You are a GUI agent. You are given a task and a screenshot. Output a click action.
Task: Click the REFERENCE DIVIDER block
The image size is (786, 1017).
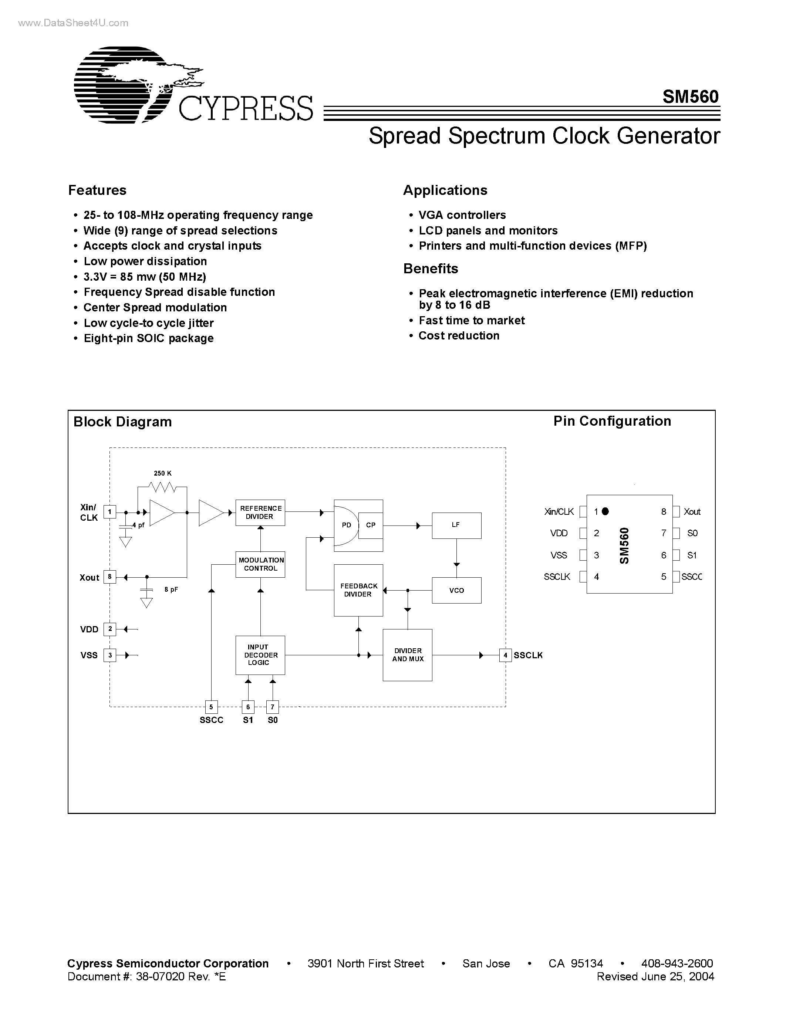tap(260, 513)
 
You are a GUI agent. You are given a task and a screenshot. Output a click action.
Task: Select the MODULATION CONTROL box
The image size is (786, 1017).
tap(260, 564)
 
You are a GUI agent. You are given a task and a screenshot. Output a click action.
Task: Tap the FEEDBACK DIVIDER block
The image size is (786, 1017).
tap(358, 590)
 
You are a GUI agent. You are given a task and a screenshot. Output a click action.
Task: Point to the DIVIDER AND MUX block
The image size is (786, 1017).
tap(408, 655)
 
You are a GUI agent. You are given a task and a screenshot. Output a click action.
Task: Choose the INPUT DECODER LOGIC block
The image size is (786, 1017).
tap(260, 655)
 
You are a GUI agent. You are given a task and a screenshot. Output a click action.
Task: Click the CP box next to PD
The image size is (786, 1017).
tap(371, 525)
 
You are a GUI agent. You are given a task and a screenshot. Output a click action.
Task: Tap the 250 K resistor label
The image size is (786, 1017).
tap(162, 473)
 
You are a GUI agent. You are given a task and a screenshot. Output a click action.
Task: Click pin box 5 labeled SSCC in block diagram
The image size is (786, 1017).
tap(211, 707)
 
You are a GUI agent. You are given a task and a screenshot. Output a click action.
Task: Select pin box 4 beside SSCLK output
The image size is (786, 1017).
tap(505, 655)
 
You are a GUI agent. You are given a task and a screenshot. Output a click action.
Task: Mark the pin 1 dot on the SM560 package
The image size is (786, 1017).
tap(605, 511)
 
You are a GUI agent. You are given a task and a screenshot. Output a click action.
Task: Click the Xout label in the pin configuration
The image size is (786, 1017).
tap(692, 512)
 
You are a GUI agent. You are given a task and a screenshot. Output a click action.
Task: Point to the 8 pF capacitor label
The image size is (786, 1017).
tap(171, 589)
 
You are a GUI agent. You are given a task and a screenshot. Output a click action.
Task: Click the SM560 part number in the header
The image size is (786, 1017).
tap(691, 97)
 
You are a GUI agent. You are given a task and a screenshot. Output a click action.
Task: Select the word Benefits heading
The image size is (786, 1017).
tap(431, 269)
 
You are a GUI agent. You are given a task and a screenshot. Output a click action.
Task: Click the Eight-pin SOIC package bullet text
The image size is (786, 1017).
tap(149, 338)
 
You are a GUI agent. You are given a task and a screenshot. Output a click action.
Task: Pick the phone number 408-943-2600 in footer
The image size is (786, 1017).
tap(677, 963)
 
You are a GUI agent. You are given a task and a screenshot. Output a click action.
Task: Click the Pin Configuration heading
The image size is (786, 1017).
tap(612, 421)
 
